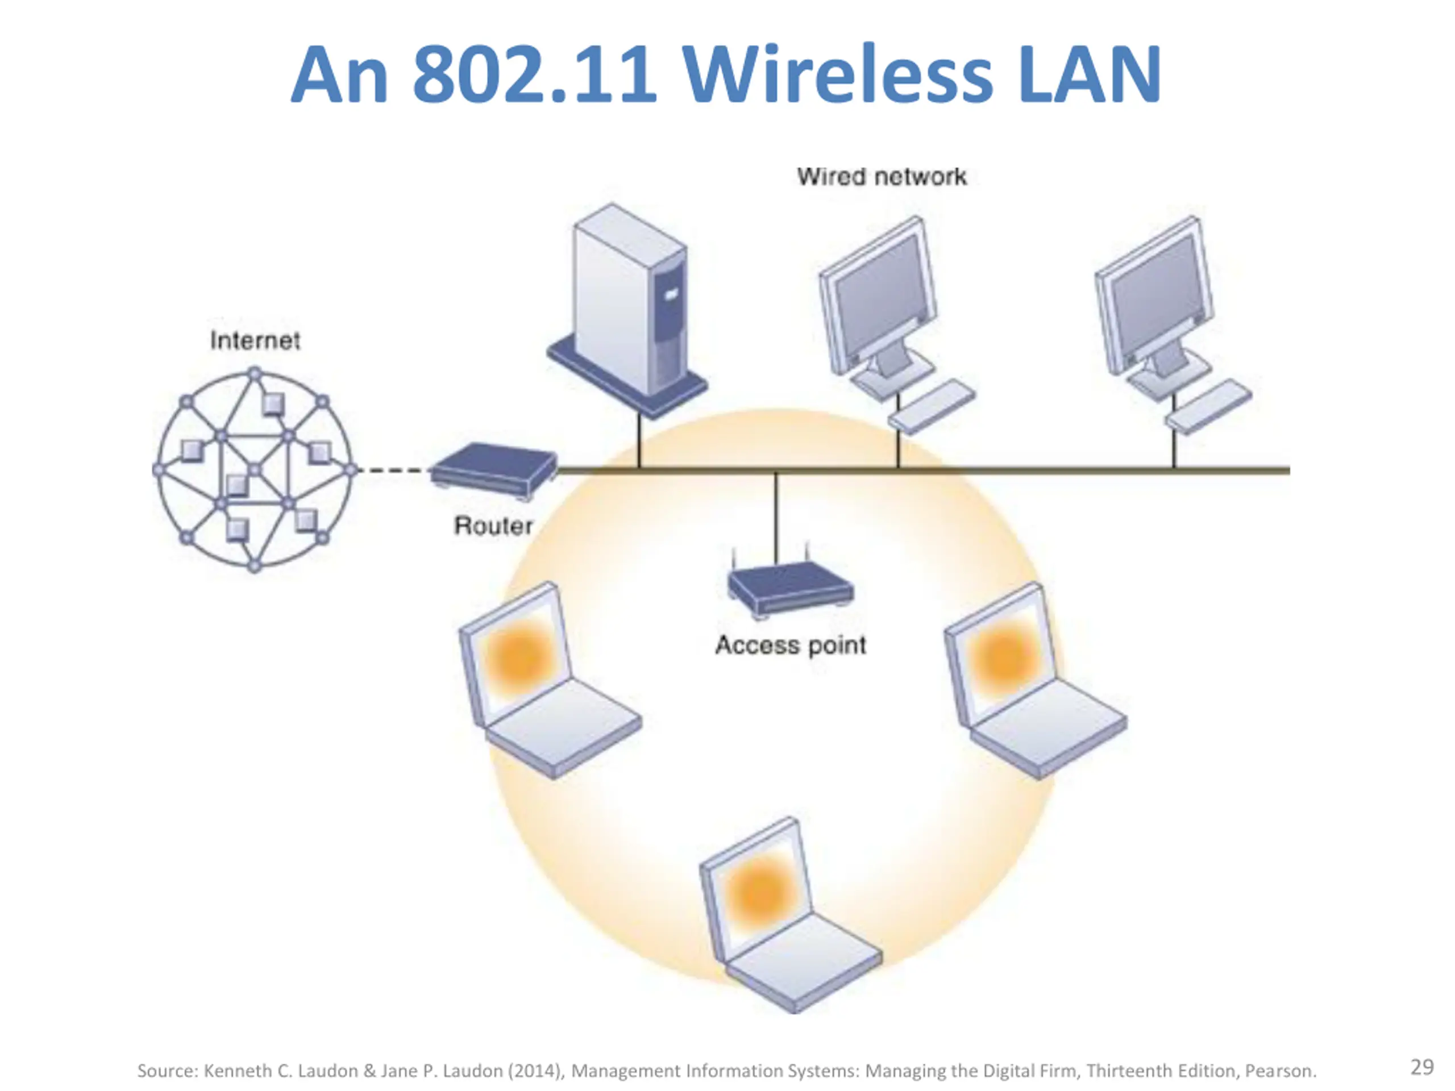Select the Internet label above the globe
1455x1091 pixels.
(x=255, y=340)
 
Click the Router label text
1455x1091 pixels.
(x=493, y=526)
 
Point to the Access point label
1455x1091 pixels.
(x=790, y=645)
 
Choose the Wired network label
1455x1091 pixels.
(x=882, y=177)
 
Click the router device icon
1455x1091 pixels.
(x=493, y=469)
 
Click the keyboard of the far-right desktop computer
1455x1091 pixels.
(x=1209, y=406)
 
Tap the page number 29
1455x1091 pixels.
(x=1422, y=1067)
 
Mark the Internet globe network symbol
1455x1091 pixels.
(x=255, y=469)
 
